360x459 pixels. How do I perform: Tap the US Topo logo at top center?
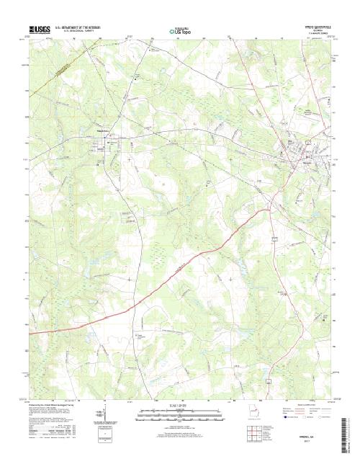179,31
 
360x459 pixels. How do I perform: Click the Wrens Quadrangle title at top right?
316,27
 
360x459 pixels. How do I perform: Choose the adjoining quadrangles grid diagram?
255,432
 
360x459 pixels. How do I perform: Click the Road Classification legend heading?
303,406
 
